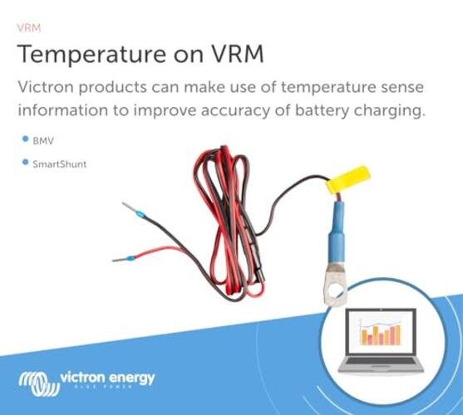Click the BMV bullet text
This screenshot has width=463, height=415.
coord(43,142)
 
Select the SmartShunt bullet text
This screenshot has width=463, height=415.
coord(59,164)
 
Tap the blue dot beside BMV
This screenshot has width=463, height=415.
coord(25,141)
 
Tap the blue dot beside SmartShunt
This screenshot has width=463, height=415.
coord(25,163)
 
